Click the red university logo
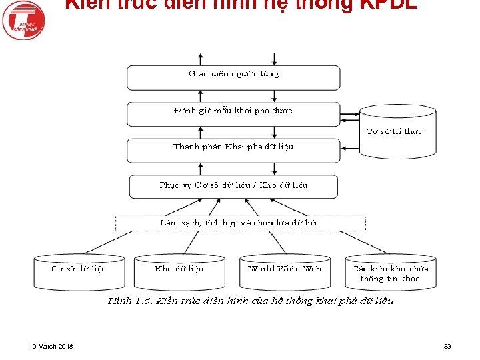pos(23,20)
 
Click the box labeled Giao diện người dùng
pos(233,77)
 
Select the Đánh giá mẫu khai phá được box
pos(233,114)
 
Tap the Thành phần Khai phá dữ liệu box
pos(233,150)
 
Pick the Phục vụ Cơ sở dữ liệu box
pos(233,186)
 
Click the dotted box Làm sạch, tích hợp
pos(240,223)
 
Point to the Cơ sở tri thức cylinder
pos(398,131)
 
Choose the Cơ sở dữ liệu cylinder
pos(79,271)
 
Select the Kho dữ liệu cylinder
pos(179,271)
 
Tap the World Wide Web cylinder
pos(285,271)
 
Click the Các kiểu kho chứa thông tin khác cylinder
pos(390,272)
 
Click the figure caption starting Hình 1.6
pos(251,301)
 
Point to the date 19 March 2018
pos(51,346)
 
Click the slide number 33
pos(447,346)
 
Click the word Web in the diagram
pos(312,269)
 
